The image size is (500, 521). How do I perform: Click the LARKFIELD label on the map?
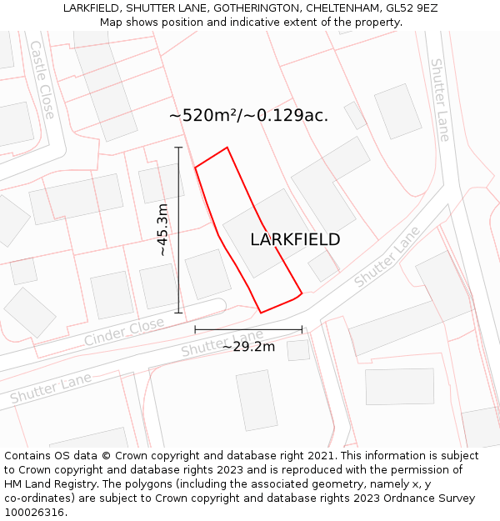pyautogui.click(x=295, y=239)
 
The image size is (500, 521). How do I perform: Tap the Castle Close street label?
pyautogui.click(x=42, y=79)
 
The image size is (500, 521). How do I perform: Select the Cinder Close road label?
pyautogui.click(x=124, y=331)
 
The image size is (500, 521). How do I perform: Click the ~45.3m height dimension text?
pyautogui.click(x=162, y=229)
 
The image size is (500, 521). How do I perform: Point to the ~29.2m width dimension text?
pyautogui.click(x=248, y=346)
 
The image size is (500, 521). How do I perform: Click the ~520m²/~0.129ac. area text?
pyautogui.click(x=248, y=116)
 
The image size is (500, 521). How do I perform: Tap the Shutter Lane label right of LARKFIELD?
pyautogui.click(x=387, y=257)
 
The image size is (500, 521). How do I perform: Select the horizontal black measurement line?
pyautogui.click(x=248, y=330)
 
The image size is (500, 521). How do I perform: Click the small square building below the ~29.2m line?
pyautogui.click(x=298, y=350)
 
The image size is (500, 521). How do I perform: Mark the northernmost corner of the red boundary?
pyautogui.click(x=227, y=148)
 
